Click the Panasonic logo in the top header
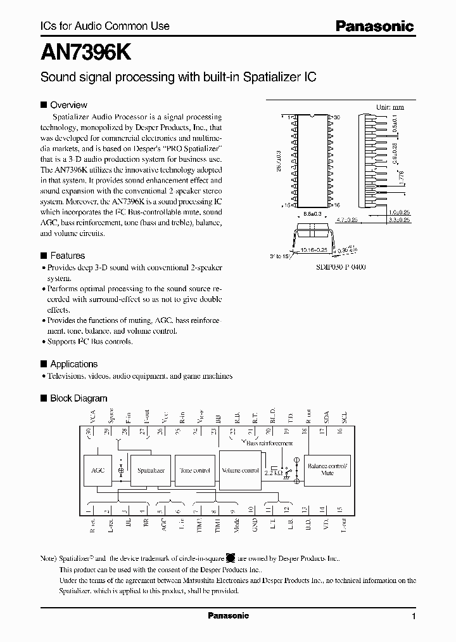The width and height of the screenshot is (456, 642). click(374, 27)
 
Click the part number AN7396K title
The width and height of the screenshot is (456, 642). click(85, 53)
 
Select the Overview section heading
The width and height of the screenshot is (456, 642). click(68, 105)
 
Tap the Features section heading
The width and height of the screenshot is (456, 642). click(67, 256)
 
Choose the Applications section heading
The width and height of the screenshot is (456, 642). click(73, 364)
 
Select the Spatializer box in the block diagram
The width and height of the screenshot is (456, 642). click(151, 471)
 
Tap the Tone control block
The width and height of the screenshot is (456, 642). click(194, 471)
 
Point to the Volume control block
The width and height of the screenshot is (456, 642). click(240, 471)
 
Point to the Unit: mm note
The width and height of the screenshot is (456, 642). click(390, 107)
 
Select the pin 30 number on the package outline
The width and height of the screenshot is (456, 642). click(336, 117)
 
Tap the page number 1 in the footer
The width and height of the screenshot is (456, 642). click(413, 616)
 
